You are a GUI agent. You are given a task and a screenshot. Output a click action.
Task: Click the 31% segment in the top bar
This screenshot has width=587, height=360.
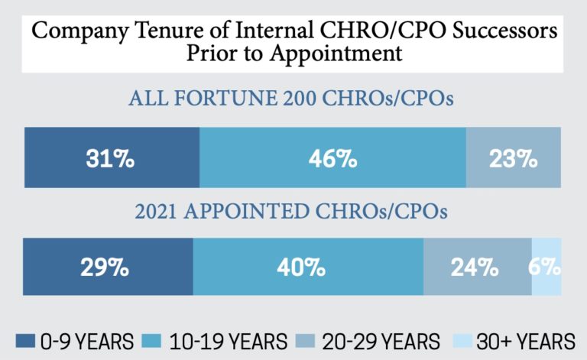[112, 159]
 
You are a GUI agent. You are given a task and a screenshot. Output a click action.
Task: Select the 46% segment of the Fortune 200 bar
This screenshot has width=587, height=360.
[332, 159]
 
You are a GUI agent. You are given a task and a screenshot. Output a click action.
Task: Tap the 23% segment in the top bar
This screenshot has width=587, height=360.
[514, 159]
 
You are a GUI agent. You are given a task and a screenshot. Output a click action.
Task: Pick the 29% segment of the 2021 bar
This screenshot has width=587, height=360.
[108, 267]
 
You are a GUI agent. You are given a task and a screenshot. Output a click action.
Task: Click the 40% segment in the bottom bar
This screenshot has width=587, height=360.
[308, 267]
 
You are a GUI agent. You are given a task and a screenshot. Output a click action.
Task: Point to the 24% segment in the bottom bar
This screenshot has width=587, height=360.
[478, 267]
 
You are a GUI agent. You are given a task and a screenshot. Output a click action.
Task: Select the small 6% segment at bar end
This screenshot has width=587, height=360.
[547, 267]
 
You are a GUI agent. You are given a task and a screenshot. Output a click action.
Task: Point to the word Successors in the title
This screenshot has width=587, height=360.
[491, 34]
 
